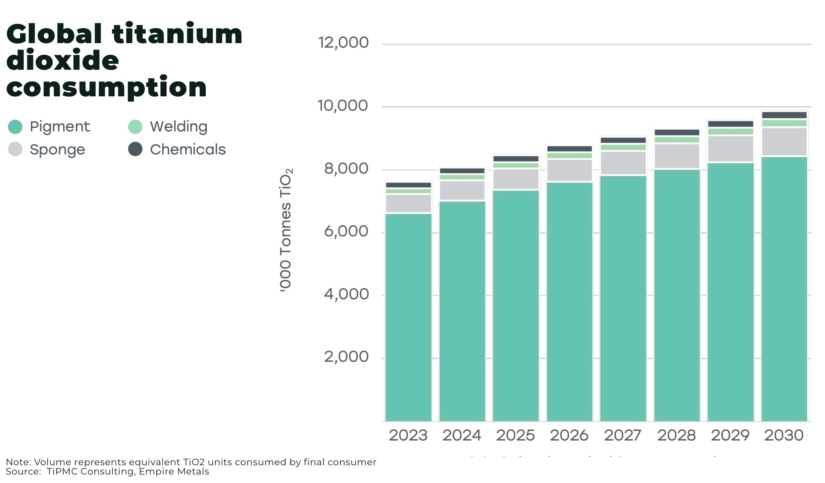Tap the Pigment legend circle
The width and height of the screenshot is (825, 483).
[15, 127]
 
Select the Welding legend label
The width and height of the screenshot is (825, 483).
[178, 127]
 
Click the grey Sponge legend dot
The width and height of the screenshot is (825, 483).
[15, 149]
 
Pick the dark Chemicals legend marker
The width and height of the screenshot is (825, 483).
[135, 149]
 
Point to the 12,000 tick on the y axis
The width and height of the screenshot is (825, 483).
[343, 42]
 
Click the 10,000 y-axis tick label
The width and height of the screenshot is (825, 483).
[343, 106]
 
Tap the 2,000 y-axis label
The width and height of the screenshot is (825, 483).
[346, 357]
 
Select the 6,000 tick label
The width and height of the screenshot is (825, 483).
[346, 231]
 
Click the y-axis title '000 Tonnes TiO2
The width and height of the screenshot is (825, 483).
[286, 230]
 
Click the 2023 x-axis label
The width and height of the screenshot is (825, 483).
[408, 435]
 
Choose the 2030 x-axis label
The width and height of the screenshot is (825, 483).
[784, 435]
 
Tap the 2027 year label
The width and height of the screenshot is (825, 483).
[623, 435]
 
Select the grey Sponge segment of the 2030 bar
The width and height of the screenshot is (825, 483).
[784, 142]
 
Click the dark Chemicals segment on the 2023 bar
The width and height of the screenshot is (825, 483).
[408, 185]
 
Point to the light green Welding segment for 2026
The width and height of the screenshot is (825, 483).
[569, 156]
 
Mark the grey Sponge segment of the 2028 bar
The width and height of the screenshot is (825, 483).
[677, 156]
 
